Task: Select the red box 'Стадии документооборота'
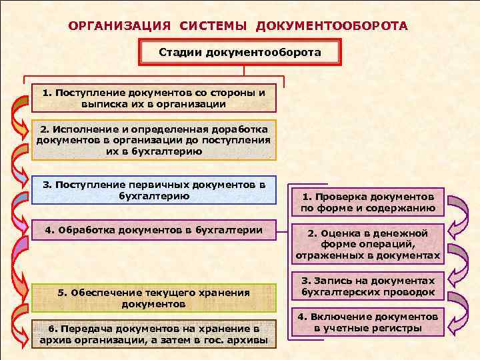point(240,52)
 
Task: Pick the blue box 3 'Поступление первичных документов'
point(154,189)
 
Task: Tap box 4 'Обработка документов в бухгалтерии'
point(154,231)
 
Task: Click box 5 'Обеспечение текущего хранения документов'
point(154,297)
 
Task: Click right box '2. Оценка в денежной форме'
point(368,244)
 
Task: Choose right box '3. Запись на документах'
point(368,287)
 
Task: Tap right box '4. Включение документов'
point(368,322)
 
